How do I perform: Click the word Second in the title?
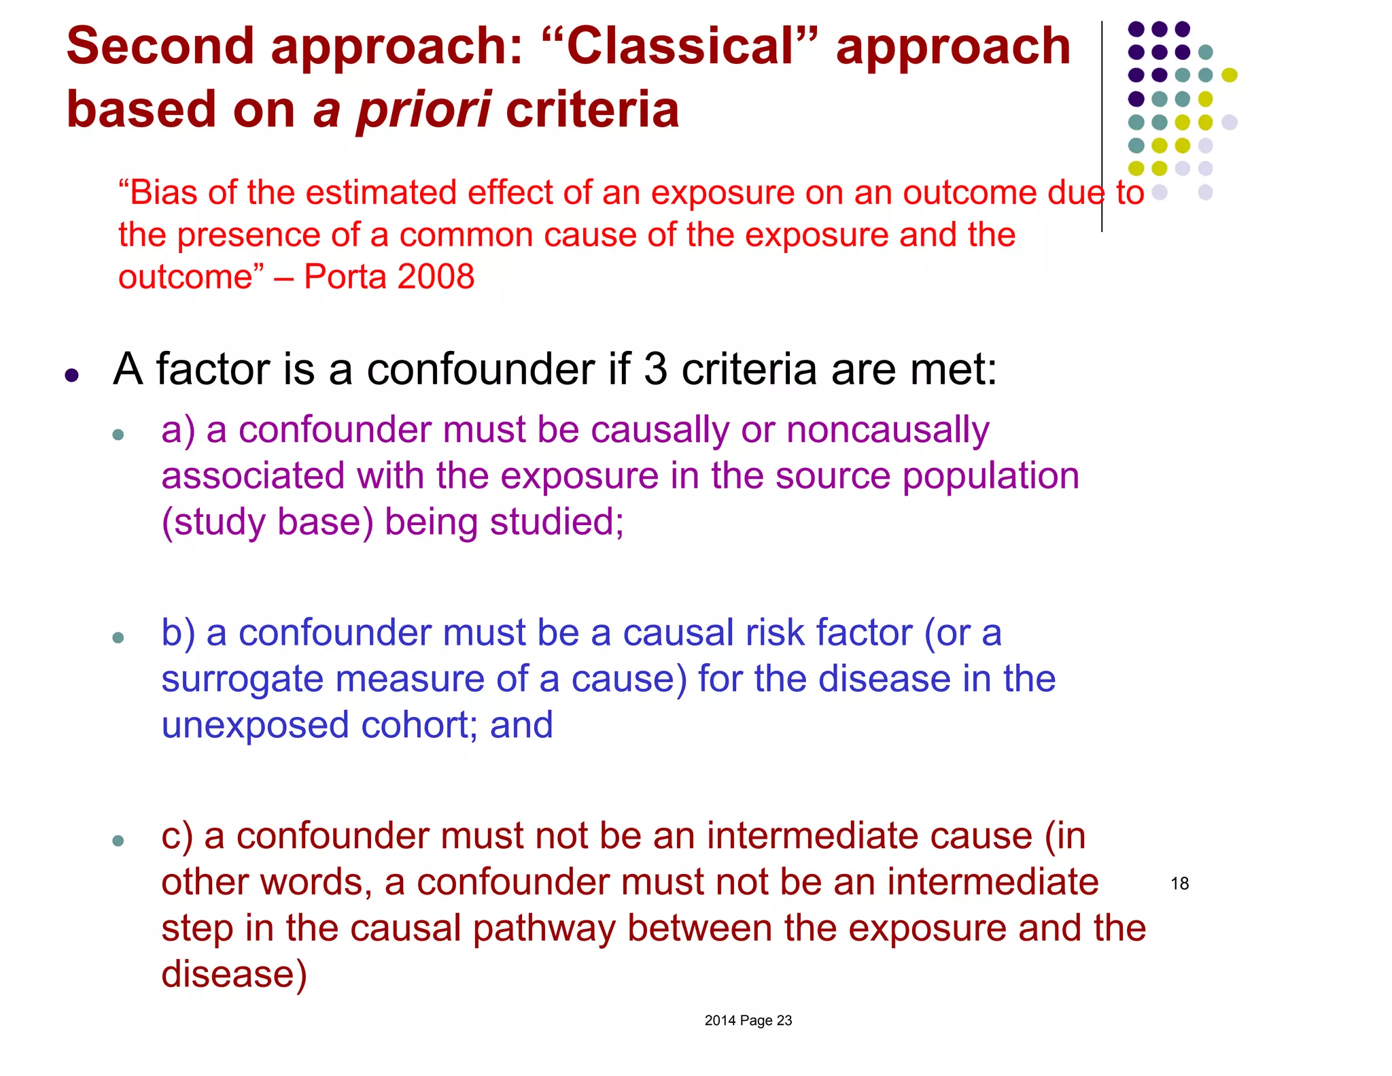(160, 46)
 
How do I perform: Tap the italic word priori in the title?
(423, 110)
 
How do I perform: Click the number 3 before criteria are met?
(655, 369)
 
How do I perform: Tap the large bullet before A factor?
(72, 375)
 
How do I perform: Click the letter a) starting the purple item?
(177, 431)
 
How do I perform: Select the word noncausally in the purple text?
(887, 431)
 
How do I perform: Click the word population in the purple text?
(990, 476)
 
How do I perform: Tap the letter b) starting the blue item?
(177, 633)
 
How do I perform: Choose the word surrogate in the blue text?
(242, 679)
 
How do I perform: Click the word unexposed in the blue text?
(255, 725)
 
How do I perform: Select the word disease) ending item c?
(234, 974)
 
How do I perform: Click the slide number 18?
(1179, 884)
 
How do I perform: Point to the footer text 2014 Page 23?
(748, 1020)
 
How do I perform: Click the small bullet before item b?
(118, 637)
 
